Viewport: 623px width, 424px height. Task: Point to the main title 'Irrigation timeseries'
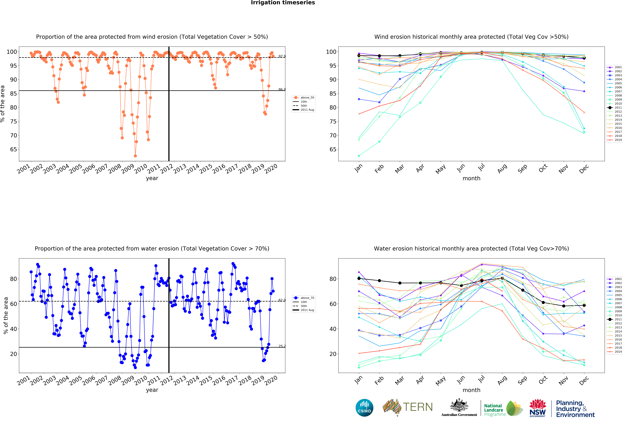click(x=283, y=3)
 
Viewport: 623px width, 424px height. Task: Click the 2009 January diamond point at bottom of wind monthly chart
click(x=359, y=156)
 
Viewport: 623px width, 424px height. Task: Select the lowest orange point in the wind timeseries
click(x=135, y=156)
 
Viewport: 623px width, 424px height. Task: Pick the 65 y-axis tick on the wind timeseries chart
click(x=13, y=149)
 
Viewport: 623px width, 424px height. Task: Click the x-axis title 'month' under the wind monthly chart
click(x=471, y=178)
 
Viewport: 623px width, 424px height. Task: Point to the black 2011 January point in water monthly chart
click(x=359, y=278)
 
